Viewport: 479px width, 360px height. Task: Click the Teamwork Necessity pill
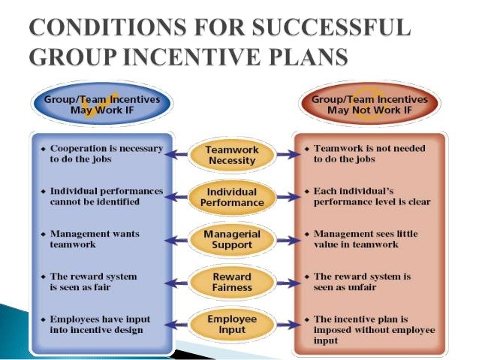233,154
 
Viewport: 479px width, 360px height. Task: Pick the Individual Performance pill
233,197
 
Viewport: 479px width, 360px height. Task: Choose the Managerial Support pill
233,240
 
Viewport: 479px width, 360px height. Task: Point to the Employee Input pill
233,325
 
